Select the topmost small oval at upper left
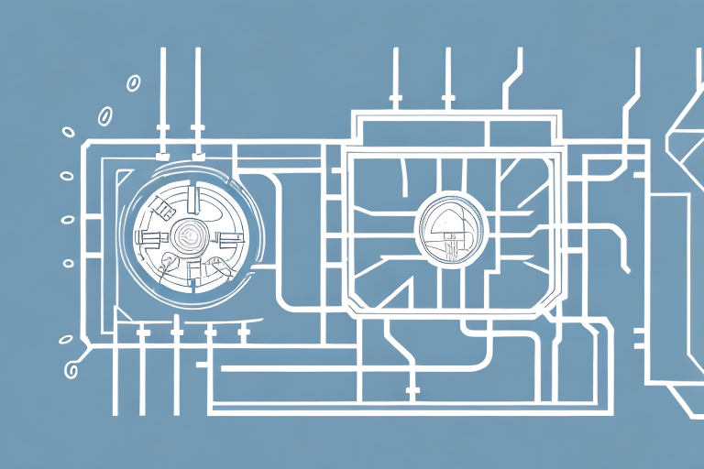pos(132,82)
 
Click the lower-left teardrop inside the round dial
pos(167,265)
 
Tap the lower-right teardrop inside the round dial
pos(220,267)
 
